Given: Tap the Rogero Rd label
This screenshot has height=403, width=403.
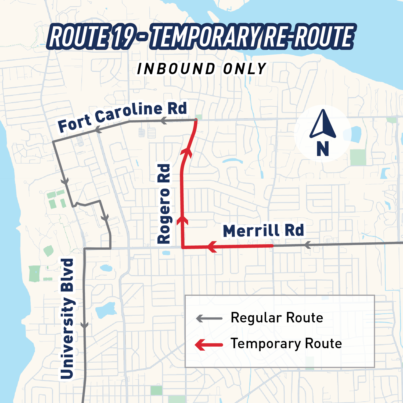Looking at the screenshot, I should pyautogui.click(x=164, y=204).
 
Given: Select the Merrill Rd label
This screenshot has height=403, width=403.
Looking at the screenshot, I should pyautogui.click(x=263, y=231).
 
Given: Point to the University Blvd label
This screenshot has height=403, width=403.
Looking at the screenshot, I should pyautogui.click(x=67, y=319).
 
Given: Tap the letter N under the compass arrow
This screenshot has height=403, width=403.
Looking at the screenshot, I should pyautogui.click(x=323, y=149).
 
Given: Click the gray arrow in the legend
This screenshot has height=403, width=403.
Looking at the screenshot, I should pyautogui.click(x=209, y=318).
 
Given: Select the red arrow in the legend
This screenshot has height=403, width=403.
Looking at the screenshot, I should pyautogui.click(x=209, y=345).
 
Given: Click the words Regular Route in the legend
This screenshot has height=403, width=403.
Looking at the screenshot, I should pyautogui.click(x=277, y=318).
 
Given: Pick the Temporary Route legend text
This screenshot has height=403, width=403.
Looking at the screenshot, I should pyautogui.click(x=286, y=344).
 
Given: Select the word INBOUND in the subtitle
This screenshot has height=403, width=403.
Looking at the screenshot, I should pyautogui.click(x=176, y=69).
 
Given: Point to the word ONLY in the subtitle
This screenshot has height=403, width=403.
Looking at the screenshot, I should pyautogui.click(x=244, y=69).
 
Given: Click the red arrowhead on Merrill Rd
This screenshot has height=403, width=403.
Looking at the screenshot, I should pyautogui.click(x=212, y=247).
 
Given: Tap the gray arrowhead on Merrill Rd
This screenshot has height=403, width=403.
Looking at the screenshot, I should pyautogui.click(x=308, y=245).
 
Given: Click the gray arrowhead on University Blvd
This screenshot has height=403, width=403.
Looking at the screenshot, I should pyautogui.click(x=84, y=325).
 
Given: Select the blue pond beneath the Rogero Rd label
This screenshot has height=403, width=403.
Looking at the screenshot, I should pyautogui.click(x=166, y=253).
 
